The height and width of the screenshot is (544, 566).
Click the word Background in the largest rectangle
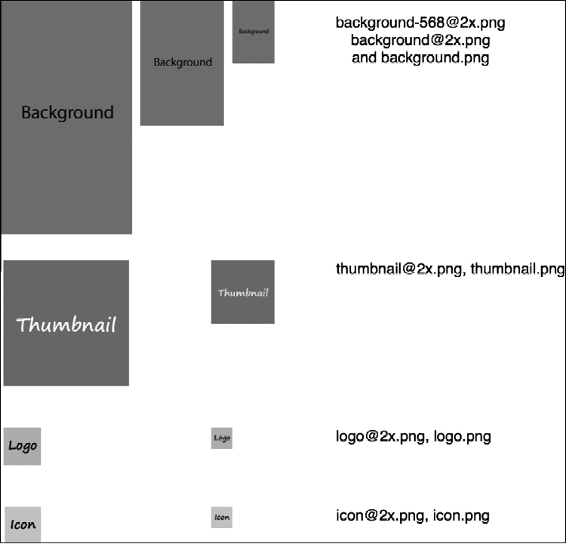(x=67, y=112)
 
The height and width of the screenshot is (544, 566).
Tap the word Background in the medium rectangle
(x=183, y=62)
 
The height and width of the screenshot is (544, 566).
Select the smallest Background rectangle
(x=254, y=32)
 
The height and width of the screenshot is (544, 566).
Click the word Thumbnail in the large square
(x=66, y=325)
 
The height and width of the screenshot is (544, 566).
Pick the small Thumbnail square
(x=243, y=292)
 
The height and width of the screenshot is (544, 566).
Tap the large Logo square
(x=22, y=446)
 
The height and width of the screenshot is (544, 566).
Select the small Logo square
(x=222, y=438)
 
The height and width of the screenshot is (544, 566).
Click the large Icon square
(x=22, y=524)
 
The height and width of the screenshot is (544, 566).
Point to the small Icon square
(x=222, y=517)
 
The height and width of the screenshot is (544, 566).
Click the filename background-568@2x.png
(x=420, y=23)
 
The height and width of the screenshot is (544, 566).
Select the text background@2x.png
(x=420, y=40)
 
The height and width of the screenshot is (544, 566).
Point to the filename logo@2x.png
(x=382, y=436)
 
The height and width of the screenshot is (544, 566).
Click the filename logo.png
(x=463, y=436)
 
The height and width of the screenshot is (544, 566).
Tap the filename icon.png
(x=462, y=516)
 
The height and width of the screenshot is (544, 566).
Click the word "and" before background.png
(x=365, y=58)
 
